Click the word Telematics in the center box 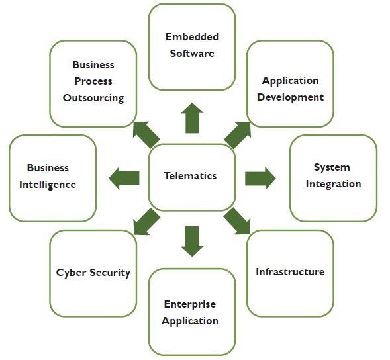190,176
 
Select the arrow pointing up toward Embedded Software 192,118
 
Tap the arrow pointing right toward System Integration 260,178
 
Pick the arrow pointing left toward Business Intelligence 124,178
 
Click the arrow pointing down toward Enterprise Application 192,242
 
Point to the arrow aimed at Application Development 238,135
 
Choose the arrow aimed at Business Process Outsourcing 146,135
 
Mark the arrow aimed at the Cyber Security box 146,222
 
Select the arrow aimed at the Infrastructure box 237,221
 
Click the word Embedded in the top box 192,37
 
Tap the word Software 192,54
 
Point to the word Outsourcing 93,98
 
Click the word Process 93,81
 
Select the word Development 290,97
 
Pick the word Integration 333,184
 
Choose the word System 332,167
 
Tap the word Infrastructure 290,272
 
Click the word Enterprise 190,304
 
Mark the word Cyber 72,273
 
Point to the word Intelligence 48,185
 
